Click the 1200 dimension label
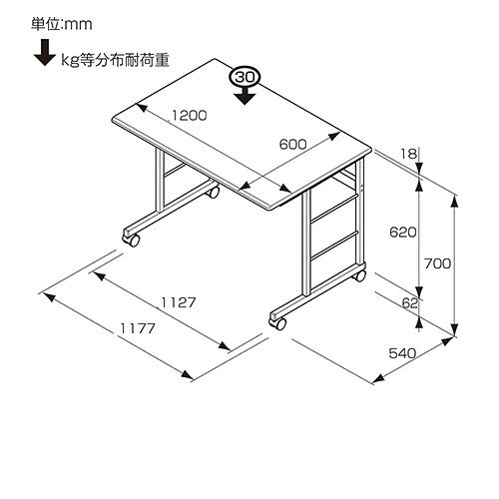[190, 115]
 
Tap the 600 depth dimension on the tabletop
[292, 145]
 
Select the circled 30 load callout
[245, 78]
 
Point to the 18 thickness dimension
[408, 154]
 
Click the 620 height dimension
[403, 233]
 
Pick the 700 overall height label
[437, 263]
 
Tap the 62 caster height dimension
[409, 303]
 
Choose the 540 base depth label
[402, 353]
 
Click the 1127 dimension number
[179, 302]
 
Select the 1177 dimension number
[138, 328]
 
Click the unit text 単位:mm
[62, 24]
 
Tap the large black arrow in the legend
[45, 53]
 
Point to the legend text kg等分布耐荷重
[115, 60]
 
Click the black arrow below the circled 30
[245, 95]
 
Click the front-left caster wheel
[132, 240]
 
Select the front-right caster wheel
[278, 323]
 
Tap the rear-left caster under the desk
[213, 193]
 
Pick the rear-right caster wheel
[359, 275]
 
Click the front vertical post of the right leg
[306, 244]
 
